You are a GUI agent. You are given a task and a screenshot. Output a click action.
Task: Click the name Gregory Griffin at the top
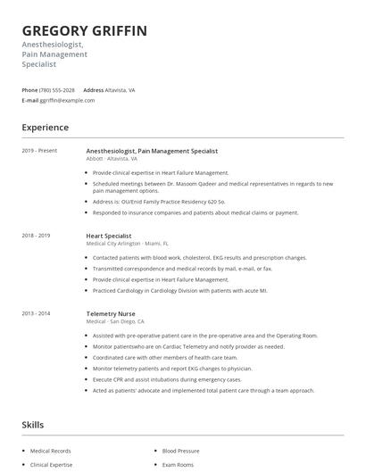(85, 31)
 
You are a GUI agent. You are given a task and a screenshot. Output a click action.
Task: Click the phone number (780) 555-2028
(58, 90)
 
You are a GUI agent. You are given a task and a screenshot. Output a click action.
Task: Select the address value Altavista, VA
(121, 90)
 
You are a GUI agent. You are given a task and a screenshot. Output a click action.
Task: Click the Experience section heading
(45, 128)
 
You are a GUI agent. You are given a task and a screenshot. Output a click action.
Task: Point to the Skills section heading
(33, 425)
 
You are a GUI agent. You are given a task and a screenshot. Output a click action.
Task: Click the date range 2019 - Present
(39, 151)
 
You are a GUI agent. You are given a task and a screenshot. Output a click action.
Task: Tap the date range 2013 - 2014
(37, 314)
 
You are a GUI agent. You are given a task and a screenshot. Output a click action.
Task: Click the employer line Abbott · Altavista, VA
(113, 158)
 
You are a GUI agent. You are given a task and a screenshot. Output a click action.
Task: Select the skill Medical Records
(51, 451)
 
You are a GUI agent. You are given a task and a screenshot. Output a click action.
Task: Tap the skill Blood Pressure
(180, 451)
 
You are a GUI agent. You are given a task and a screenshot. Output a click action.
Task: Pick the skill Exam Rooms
(179, 465)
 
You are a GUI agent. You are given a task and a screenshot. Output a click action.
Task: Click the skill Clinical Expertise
(53, 465)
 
